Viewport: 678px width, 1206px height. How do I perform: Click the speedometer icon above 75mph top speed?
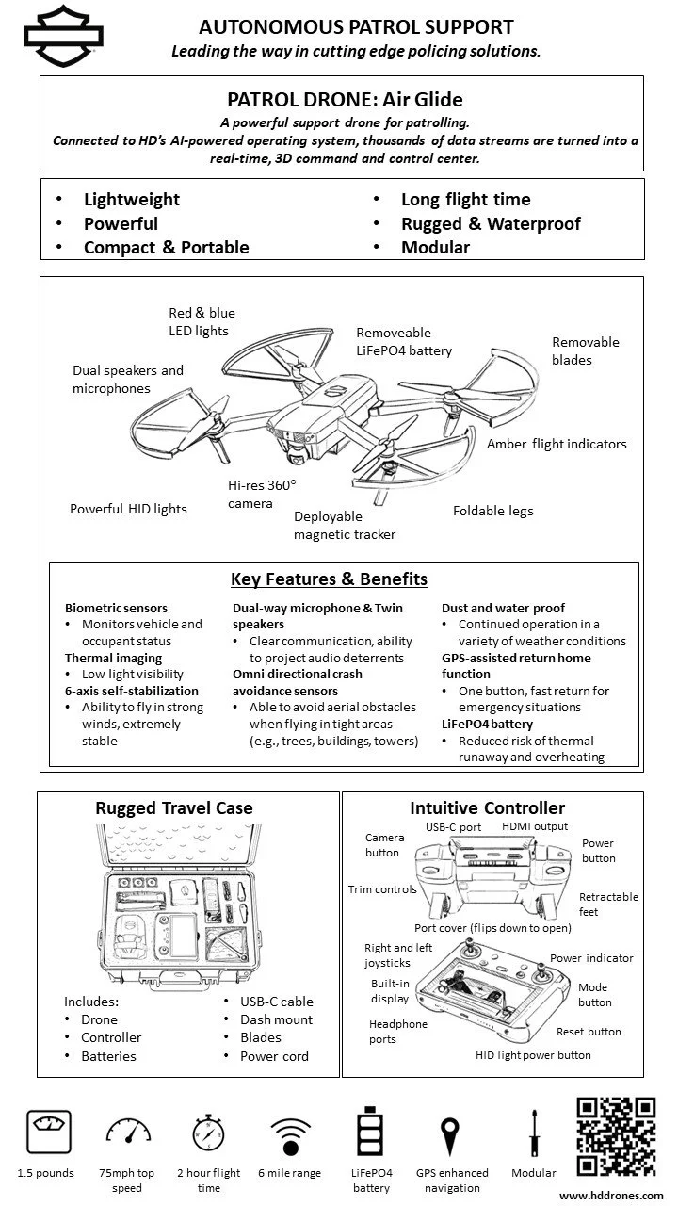coord(126,1134)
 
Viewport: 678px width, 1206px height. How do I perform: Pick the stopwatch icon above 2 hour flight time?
coord(208,1133)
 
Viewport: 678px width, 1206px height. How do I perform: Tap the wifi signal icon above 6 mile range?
coord(289,1135)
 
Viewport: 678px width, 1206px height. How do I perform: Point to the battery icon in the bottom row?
coord(371,1133)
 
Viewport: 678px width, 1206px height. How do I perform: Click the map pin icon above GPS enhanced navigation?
coord(452,1134)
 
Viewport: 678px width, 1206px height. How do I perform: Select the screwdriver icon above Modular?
coord(533,1133)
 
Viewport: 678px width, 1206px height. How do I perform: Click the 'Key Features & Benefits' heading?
coord(329,579)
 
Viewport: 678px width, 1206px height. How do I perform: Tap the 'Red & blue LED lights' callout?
coord(202,321)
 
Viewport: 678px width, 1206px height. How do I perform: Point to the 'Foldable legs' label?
coord(492,511)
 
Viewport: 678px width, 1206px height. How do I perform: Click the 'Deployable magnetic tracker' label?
coord(344,525)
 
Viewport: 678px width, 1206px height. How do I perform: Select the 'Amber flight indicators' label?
coord(556,444)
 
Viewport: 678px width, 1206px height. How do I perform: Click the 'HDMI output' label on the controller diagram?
coord(535,826)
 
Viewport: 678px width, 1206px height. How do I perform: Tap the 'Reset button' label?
coord(589,1032)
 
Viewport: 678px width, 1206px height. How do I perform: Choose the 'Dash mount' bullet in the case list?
coord(277,1019)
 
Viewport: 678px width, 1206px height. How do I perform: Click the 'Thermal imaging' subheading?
coord(113,658)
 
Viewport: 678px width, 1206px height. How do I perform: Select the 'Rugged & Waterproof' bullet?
coord(490,223)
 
